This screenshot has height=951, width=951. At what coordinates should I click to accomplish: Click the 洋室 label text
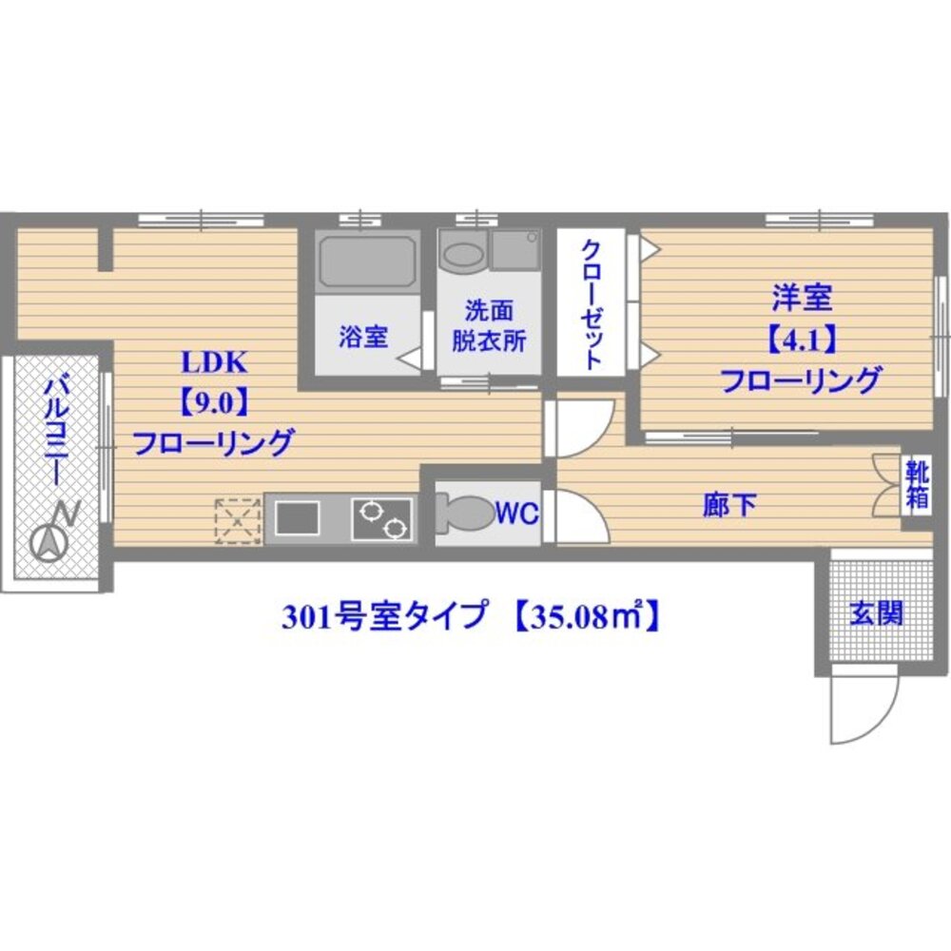tap(801, 300)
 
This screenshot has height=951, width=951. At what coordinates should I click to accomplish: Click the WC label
tap(517, 514)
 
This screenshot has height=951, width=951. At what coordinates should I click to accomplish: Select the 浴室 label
tap(363, 337)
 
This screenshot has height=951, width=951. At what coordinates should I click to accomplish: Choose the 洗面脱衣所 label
tap(489, 326)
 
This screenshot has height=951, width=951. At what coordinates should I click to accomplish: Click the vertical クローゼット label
tap(591, 302)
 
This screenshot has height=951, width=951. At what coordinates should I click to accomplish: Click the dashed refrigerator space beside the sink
tap(238, 520)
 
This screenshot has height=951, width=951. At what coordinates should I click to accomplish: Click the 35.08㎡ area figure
tap(586, 618)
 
